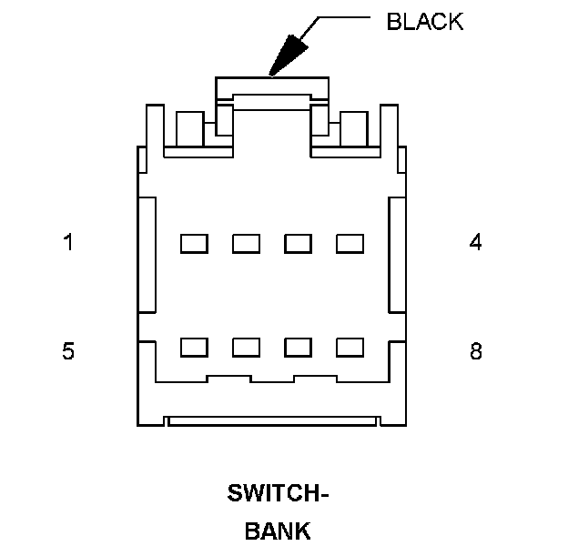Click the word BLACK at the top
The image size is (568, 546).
click(x=424, y=22)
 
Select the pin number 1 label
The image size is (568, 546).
click(x=68, y=242)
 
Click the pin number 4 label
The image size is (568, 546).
click(x=475, y=242)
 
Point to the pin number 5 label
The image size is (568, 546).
click(x=68, y=350)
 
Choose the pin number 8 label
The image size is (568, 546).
click(x=475, y=350)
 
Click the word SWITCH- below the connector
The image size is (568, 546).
click(x=278, y=495)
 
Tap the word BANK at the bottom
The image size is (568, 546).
click(x=278, y=531)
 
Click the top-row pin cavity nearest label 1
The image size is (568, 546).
click(x=194, y=243)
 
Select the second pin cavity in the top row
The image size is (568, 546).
click(x=246, y=243)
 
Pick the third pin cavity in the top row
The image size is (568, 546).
click(x=298, y=243)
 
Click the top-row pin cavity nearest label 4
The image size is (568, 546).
click(x=350, y=243)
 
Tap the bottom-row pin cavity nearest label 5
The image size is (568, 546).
click(x=194, y=347)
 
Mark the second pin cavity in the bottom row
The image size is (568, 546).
click(x=246, y=347)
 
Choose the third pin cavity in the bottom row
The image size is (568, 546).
click(x=298, y=347)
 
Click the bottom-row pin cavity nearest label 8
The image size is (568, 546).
click(x=350, y=347)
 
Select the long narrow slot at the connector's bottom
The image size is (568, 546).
click(x=272, y=421)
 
